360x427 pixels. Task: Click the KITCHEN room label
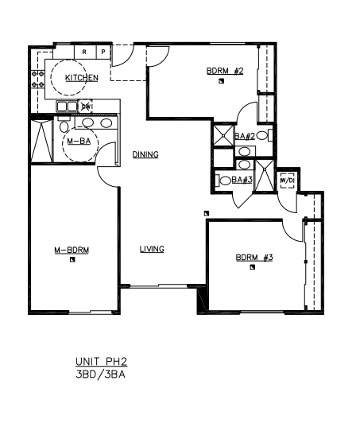pos(82,78)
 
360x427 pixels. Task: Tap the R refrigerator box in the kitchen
pos(85,52)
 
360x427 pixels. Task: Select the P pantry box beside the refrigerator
pos(103,52)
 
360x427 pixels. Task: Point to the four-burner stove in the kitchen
pos(37,80)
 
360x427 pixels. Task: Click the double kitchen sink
pos(67,107)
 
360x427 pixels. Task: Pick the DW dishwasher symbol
pos(86,107)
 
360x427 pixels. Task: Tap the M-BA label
pos(79,142)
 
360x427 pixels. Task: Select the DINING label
pos(145,155)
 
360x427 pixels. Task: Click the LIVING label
pos(152,249)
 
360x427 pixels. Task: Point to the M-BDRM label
pos(72,250)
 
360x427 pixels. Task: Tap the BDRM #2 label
pos(225,71)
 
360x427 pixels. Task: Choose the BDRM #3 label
pos(254,258)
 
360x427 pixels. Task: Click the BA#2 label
pos(245,136)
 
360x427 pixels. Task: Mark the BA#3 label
pos(242,180)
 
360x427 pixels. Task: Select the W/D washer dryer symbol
pos(288,181)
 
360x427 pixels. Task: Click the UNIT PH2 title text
pos(101,362)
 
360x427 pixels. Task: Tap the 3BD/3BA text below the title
pos(100,375)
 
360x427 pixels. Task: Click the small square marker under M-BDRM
pos(72,259)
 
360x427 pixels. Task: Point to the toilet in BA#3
pos(223,181)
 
